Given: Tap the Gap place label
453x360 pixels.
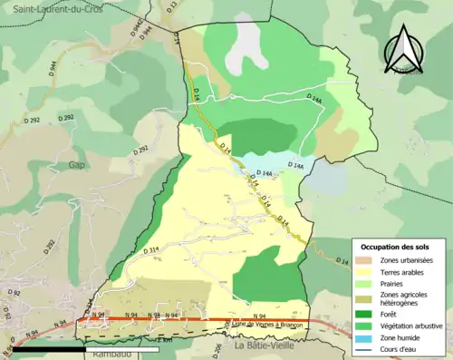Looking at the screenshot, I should [x=76, y=165].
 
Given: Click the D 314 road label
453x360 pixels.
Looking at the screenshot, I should [x=151, y=249].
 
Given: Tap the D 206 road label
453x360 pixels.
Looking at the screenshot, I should [x=217, y=349].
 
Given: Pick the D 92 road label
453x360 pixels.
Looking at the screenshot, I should [x=13, y=293].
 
